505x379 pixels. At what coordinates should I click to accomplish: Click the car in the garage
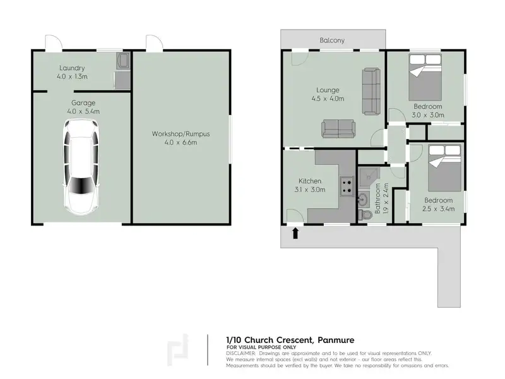click(x=81, y=167)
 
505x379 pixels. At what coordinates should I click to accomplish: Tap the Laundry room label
click(x=72, y=68)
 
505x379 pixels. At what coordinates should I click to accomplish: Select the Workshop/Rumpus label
click(x=181, y=134)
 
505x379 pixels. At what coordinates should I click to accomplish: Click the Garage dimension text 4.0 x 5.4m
click(x=83, y=112)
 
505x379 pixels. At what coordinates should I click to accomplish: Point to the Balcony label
click(x=332, y=40)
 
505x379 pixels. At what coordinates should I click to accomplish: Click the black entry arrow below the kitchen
click(x=295, y=233)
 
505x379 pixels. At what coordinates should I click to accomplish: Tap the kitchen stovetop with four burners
click(x=347, y=186)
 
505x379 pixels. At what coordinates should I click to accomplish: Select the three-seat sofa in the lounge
click(x=371, y=91)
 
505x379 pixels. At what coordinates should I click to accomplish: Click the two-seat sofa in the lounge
click(x=338, y=129)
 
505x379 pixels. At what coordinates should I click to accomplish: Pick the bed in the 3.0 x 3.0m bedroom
click(x=425, y=77)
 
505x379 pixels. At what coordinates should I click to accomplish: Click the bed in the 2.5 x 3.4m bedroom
click(x=445, y=168)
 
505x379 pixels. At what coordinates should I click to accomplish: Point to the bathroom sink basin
click(x=363, y=199)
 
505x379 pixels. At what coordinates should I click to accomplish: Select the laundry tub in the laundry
click(x=123, y=60)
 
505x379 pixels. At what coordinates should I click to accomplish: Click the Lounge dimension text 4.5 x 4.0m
click(x=328, y=99)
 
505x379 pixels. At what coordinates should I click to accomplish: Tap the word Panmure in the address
click(x=336, y=340)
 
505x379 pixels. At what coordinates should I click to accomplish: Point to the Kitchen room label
click(x=310, y=181)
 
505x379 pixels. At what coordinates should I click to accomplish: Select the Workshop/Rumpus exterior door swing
click(x=154, y=43)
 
